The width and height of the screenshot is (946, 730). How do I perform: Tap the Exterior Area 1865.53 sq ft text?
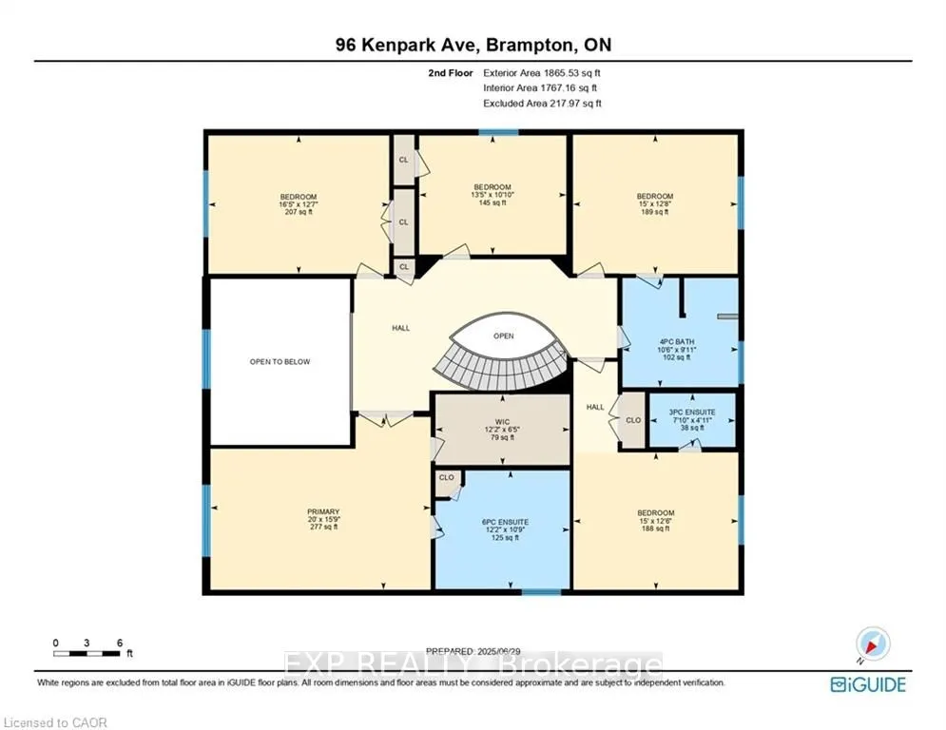pyautogui.click(x=542, y=72)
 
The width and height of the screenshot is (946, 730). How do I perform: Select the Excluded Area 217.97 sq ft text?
pyautogui.click(x=542, y=103)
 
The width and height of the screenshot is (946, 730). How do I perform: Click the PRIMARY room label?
pyautogui.click(x=323, y=520)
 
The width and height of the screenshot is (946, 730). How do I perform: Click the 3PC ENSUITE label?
pyautogui.click(x=692, y=420)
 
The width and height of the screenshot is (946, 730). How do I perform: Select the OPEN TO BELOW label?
pyautogui.click(x=280, y=362)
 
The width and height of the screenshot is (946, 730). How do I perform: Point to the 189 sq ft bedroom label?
pyautogui.click(x=655, y=204)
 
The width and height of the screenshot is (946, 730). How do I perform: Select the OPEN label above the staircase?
pyautogui.click(x=503, y=336)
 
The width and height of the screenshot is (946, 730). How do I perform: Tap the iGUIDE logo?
pyautogui.click(x=867, y=684)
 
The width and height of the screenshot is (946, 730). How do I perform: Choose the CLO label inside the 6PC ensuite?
pyautogui.click(x=447, y=477)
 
